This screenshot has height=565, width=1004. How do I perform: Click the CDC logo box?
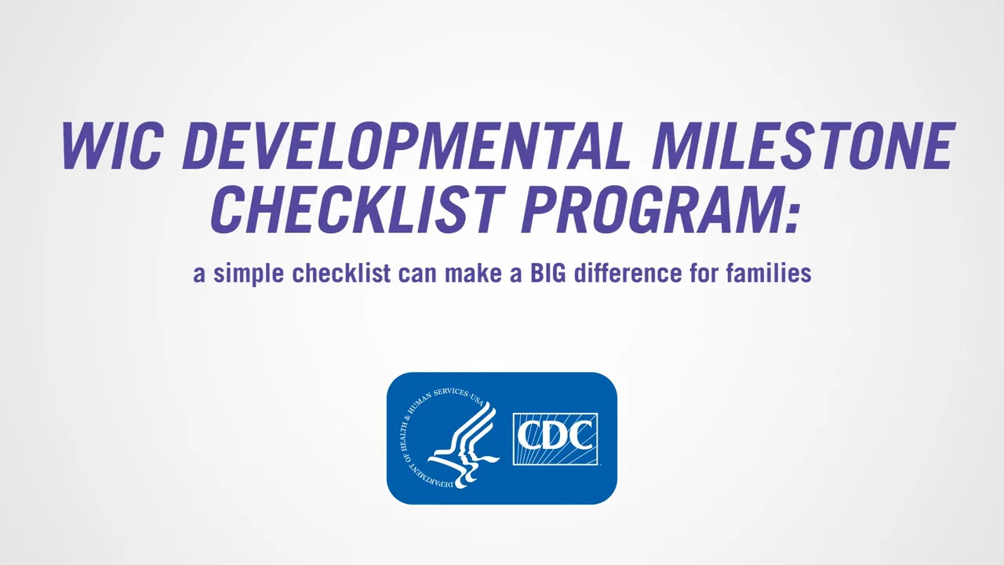pyautogui.click(x=555, y=439)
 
